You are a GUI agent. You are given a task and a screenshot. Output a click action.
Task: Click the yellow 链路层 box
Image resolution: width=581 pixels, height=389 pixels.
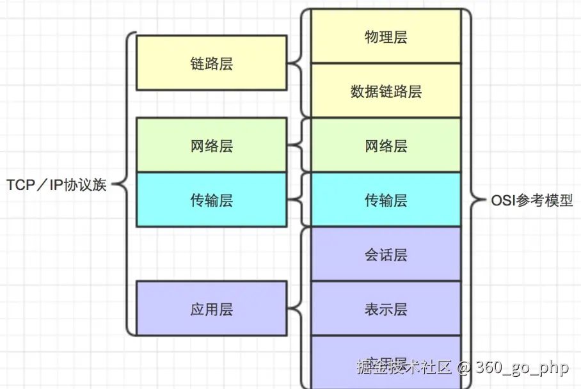[211, 63]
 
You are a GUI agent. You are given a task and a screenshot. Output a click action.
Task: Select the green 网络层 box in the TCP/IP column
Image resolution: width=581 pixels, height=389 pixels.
[211, 145]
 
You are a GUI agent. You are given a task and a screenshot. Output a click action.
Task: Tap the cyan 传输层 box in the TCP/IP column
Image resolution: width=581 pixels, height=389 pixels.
[211, 200]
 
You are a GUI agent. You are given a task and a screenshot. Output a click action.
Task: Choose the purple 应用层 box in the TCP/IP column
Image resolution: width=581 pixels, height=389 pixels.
[211, 308]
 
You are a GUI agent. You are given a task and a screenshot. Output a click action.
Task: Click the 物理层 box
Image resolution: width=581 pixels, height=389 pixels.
[386, 36]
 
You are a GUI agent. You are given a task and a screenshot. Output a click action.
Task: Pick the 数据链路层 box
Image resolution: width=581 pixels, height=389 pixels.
[386, 91]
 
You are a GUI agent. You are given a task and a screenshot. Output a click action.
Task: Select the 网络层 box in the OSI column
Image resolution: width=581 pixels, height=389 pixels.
[386, 145]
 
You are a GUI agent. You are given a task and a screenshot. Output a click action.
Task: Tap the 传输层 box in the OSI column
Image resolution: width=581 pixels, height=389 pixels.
[386, 200]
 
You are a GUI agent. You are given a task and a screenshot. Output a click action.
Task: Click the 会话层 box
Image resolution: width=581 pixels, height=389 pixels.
[386, 254]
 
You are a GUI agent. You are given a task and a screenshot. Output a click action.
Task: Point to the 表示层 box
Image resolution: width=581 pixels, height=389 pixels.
[386, 308]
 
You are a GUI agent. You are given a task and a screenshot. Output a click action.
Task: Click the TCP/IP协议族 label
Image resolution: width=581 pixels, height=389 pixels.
[56, 186]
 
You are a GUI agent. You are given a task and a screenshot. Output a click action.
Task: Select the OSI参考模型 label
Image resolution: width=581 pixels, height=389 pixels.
[532, 200]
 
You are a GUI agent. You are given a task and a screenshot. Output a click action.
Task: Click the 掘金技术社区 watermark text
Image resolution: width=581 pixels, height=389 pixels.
[404, 368]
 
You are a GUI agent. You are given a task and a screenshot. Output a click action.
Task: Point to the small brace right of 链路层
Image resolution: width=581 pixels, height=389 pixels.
[296, 63]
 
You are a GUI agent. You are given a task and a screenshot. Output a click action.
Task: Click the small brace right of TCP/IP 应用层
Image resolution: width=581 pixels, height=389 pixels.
[296, 308]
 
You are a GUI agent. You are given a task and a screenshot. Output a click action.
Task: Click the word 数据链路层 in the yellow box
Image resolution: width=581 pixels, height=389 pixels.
[386, 91]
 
